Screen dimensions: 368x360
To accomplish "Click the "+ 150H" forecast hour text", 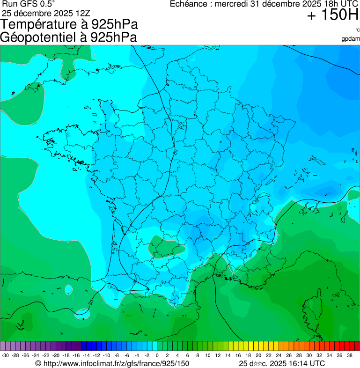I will pos(333,15).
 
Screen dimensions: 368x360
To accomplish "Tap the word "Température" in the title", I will pos(45,24).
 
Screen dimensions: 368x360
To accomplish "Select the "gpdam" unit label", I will pos(351,38).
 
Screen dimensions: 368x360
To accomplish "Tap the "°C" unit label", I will pos(357,30).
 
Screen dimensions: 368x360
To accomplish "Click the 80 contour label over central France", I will pos(175,152).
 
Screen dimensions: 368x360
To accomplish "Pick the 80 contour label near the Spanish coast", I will pos(90,302).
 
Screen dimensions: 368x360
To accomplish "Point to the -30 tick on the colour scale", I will pos(5,355).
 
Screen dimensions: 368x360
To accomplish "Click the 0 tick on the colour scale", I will pos(157,355).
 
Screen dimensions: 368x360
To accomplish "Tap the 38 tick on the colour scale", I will pos(349,355).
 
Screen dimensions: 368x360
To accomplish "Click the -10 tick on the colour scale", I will pos(106,355).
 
